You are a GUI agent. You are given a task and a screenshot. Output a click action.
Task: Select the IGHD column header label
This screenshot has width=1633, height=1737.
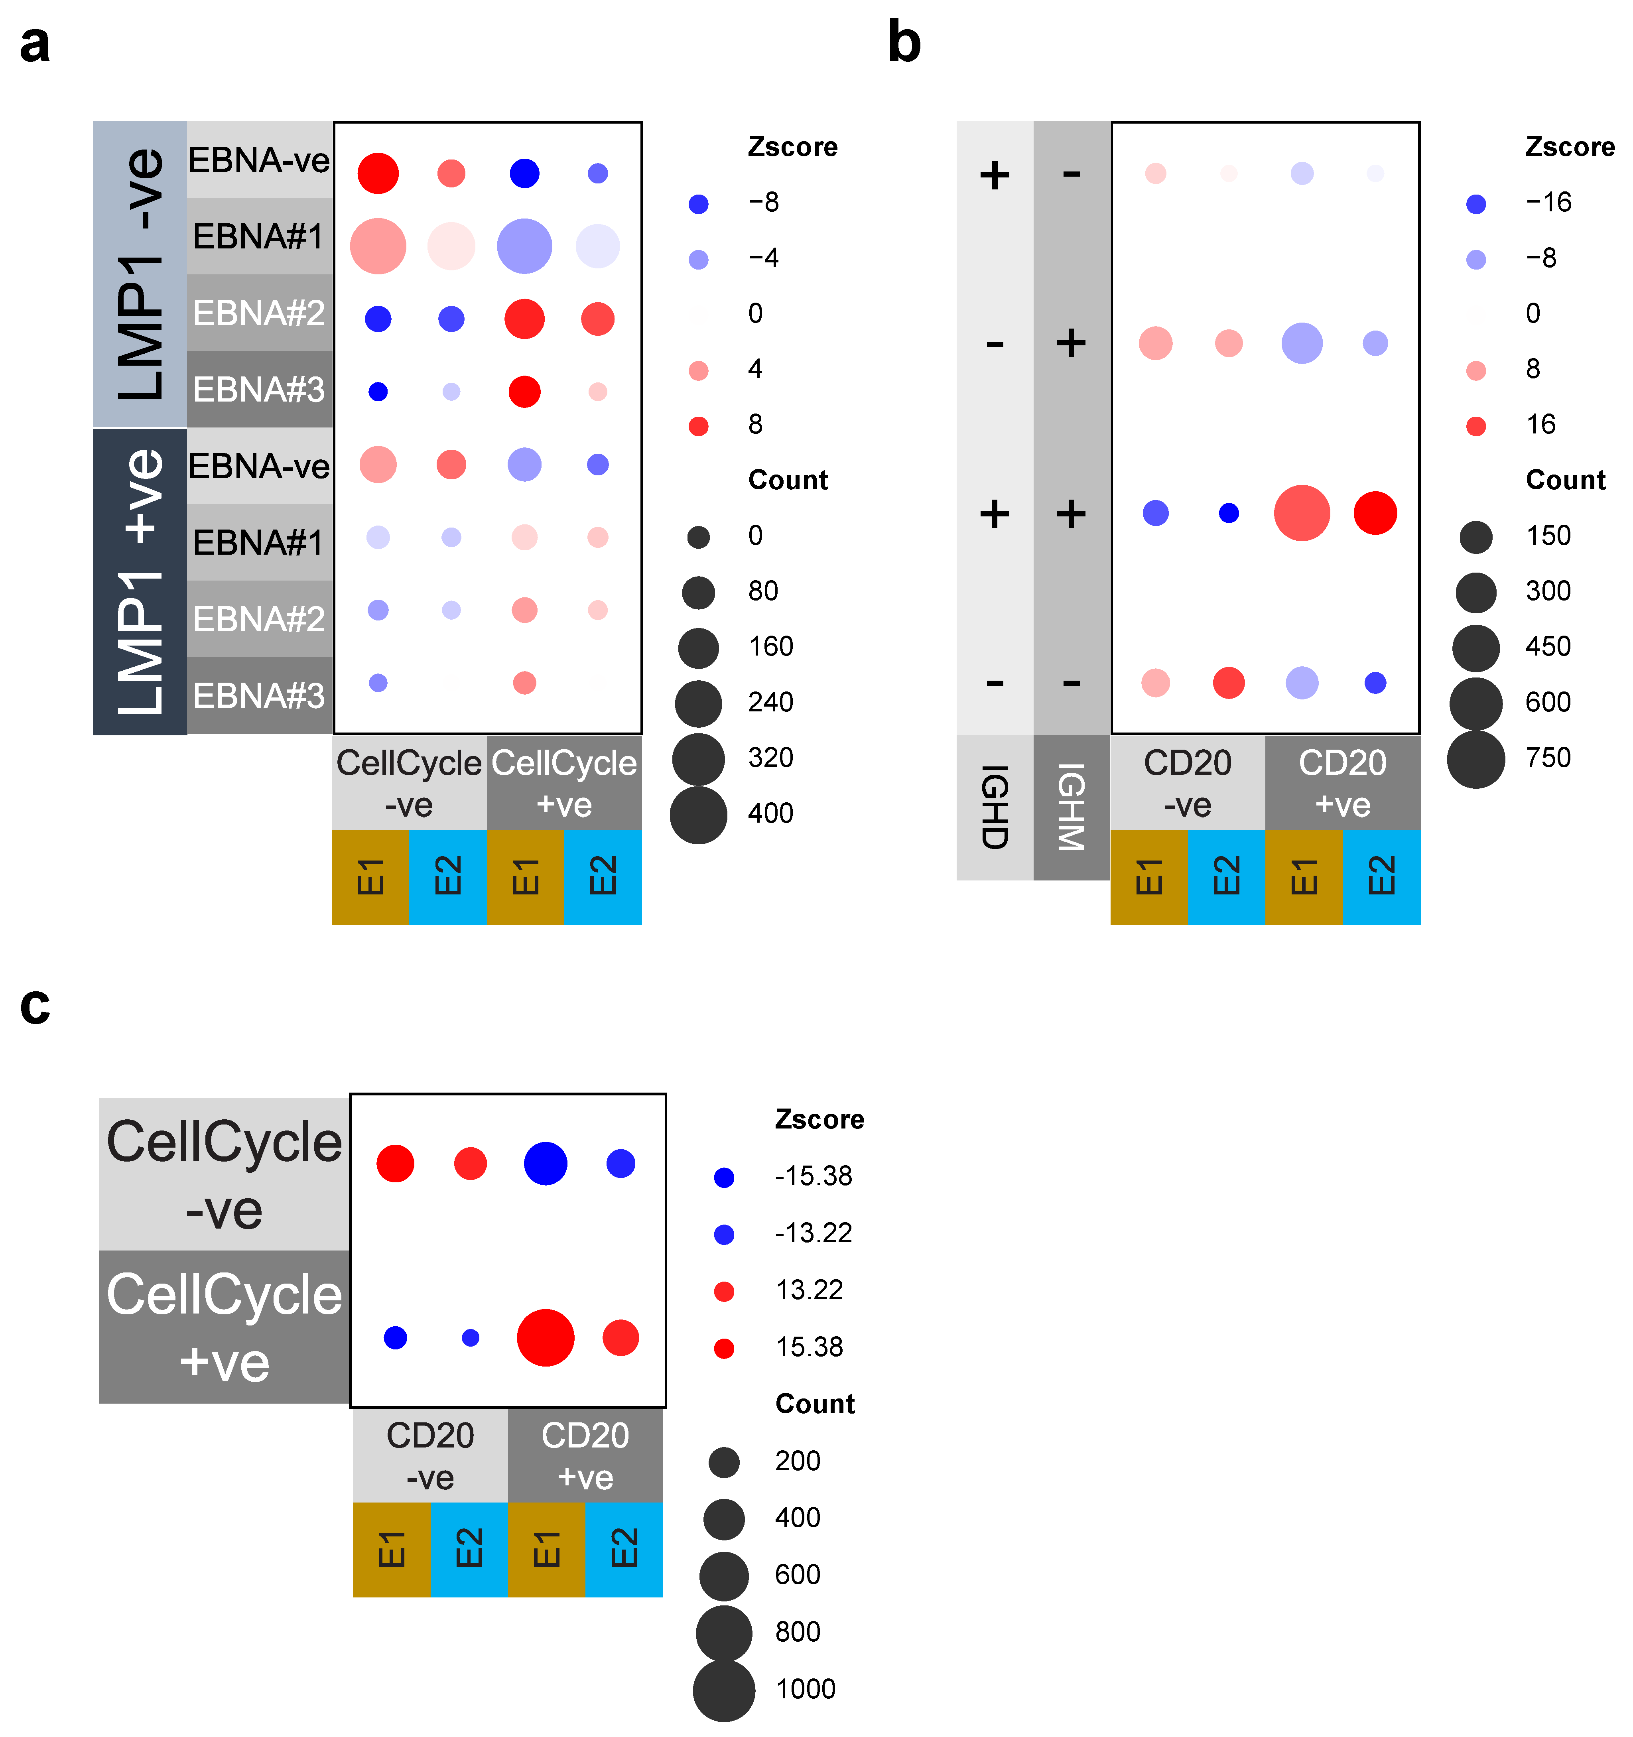click(994, 806)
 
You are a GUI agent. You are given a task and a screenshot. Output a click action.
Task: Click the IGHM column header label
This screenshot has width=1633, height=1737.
click(1071, 806)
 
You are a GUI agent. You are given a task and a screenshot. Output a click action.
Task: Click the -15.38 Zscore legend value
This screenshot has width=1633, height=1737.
click(813, 1176)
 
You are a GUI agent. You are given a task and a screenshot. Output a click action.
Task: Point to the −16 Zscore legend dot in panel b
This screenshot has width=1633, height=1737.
click(1476, 204)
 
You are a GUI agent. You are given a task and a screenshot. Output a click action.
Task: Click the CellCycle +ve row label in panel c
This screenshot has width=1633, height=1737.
click(225, 1326)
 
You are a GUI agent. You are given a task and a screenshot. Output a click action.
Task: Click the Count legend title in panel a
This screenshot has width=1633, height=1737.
click(787, 480)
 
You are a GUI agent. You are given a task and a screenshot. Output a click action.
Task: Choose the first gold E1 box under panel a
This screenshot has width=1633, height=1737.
click(370, 876)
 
